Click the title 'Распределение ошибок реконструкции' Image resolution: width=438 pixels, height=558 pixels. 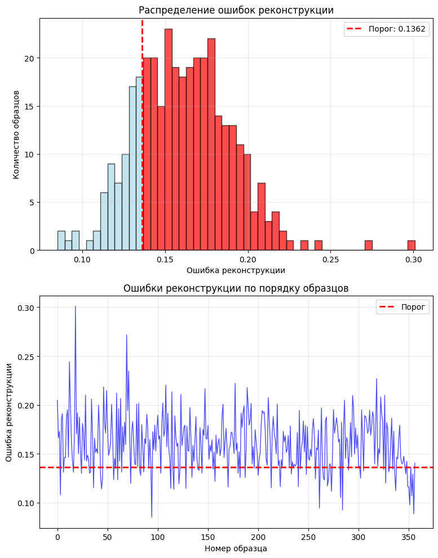[x=236, y=10]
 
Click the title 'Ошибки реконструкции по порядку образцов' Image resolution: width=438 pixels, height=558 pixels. [x=236, y=288]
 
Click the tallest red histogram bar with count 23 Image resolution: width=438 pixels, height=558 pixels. [x=169, y=141]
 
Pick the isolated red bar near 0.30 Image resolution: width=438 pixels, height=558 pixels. [x=412, y=245]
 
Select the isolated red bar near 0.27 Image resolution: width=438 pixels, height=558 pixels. [x=369, y=245]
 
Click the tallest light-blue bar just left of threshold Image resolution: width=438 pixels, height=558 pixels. [x=139, y=164]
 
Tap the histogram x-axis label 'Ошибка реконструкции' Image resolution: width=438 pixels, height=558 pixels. [x=236, y=270]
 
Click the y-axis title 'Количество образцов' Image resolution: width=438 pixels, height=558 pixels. [x=16, y=134]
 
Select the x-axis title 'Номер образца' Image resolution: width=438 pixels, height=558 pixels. [x=236, y=548]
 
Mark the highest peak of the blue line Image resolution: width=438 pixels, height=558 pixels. [x=76, y=306]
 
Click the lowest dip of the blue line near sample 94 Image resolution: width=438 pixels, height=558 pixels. [x=152, y=517]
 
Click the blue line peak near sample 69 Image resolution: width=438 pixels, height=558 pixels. [x=127, y=335]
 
